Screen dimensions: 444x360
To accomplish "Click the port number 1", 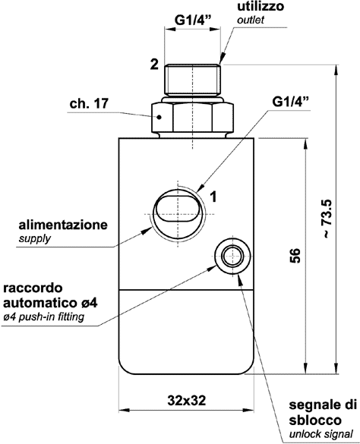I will (215, 196).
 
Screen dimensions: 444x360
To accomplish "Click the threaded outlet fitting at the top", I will (193, 77).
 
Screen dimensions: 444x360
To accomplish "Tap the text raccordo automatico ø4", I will (57, 295).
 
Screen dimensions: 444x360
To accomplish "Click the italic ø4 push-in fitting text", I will (55, 316).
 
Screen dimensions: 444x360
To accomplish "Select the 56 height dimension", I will (295, 256).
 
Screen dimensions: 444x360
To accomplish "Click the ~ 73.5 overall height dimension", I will (325, 219).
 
